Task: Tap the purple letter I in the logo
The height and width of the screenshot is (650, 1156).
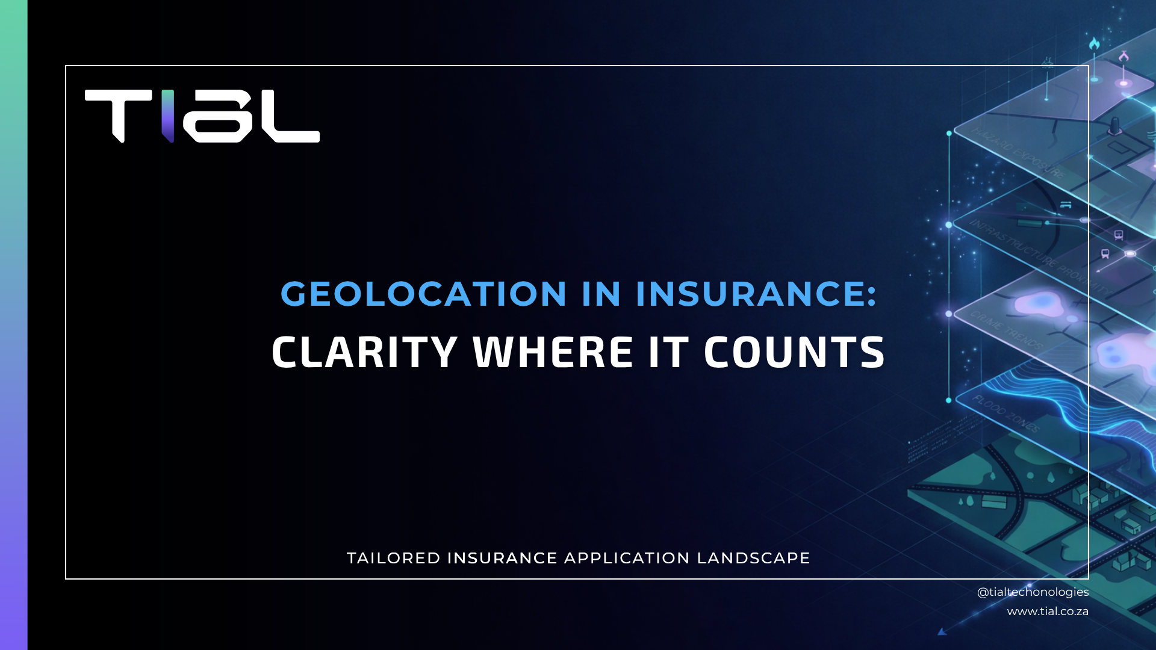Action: click(x=168, y=116)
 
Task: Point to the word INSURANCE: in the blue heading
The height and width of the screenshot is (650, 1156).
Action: click(x=756, y=294)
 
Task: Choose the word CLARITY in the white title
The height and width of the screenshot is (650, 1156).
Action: click(x=364, y=352)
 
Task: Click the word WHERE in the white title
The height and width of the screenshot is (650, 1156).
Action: click(x=553, y=352)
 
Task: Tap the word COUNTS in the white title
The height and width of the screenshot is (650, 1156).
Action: click(x=794, y=352)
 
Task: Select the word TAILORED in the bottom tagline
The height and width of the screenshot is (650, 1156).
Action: click(x=394, y=558)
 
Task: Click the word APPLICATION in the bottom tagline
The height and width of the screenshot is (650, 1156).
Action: click(x=627, y=558)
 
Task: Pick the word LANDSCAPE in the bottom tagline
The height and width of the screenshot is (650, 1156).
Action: click(x=753, y=558)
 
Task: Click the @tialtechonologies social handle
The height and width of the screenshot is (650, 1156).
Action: click(x=1033, y=592)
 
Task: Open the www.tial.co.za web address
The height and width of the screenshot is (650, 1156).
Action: click(x=1048, y=611)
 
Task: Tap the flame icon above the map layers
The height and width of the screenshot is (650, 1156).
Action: click(x=1094, y=44)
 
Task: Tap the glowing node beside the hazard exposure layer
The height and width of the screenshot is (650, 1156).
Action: click(x=949, y=134)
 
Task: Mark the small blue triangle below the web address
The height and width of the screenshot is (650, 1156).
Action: click(x=942, y=631)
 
